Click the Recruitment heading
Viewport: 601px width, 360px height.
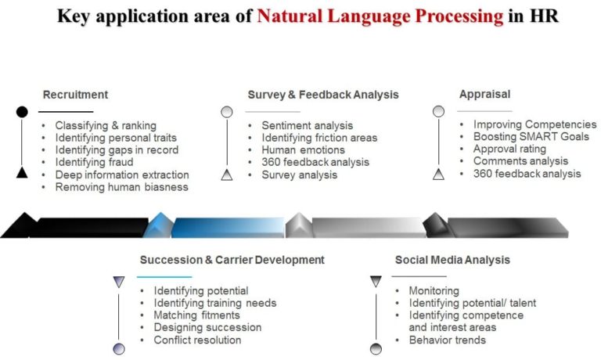(x=75, y=95)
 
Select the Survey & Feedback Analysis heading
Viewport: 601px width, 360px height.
(x=323, y=95)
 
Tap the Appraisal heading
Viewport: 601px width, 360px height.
(x=484, y=94)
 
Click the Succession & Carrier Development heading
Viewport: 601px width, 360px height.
(x=232, y=260)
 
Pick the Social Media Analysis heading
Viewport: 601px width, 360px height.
(x=452, y=260)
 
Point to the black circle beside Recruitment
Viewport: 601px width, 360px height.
(x=22, y=112)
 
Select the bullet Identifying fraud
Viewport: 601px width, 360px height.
(x=94, y=162)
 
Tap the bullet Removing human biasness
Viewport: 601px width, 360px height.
(x=121, y=187)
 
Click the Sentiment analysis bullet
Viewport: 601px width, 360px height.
(x=307, y=125)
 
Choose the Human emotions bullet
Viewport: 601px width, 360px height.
(x=303, y=150)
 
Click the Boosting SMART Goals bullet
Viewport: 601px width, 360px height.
(x=531, y=137)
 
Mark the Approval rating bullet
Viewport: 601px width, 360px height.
(x=509, y=149)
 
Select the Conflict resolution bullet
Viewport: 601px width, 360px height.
(x=197, y=340)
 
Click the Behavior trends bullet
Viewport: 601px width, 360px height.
(x=447, y=340)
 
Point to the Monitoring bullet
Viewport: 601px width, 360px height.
(x=434, y=291)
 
